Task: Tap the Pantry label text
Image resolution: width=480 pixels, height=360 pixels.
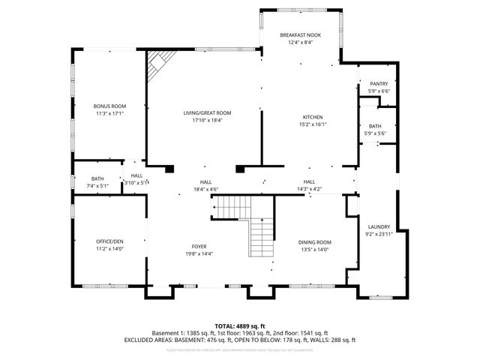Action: pyautogui.click(x=378, y=84)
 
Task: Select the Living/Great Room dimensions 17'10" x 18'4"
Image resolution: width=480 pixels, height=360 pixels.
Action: pyautogui.click(x=207, y=120)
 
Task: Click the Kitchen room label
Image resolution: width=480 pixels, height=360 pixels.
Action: pyautogui.click(x=313, y=117)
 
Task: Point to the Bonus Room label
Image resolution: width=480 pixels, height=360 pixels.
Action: pyautogui.click(x=109, y=106)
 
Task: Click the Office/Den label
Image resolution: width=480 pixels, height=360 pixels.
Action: pyautogui.click(x=109, y=241)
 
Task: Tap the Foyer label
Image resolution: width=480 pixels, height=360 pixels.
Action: pyautogui.click(x=199, y=246)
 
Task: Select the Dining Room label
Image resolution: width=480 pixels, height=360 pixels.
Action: pyautogui.click(x=315, y=242)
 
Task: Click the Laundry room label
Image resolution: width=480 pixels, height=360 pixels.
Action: pyautogui.click(x=379, y=226)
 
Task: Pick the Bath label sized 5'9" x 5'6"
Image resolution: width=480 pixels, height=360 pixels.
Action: pyautogui.click(x=374, y=126)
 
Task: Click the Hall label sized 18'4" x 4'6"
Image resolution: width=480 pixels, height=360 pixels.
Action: pyautogui.click(x=205, y=182)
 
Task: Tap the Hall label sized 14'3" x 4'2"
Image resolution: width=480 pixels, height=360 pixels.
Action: pyautogui.click(x=309, y=181)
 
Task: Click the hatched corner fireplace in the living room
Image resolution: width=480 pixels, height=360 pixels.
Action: pyautogui.click(x=157, y=64)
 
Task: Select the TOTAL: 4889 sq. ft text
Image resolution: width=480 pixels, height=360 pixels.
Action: pyautogui.click(x=239, y=325)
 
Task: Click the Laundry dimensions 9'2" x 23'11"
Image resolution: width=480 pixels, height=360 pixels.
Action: pyautogui.click(x=379, y=234)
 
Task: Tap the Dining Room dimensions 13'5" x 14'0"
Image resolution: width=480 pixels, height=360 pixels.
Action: pyautogui.click(x=315, y=250)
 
